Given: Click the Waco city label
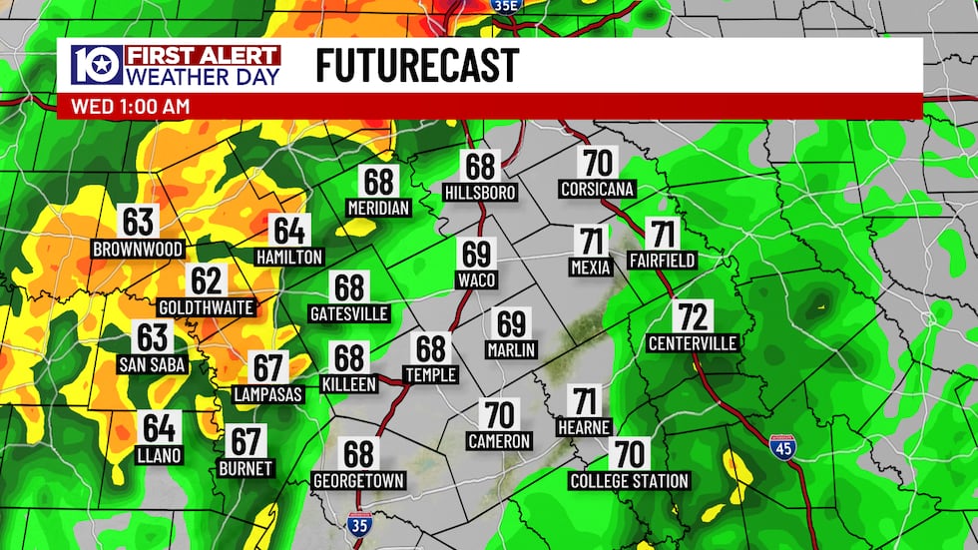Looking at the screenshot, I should pyautogui.click(x=477, y=280).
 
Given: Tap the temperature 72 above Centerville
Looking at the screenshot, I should pyautogui.click(x=692, y=317).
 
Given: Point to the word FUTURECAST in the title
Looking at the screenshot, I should pyautogui.click(x=417, y=66).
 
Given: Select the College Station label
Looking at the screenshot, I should pyautogui.click(x=629, y=481).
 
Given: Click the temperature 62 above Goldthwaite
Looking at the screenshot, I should pyautogui.click(x=207, y=281).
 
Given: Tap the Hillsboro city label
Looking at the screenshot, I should pyautogui.click(x=481, y=193).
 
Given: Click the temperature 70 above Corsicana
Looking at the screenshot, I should pyautogui.click(x=598, y=162).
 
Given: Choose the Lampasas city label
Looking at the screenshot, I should pyautogui.click(x=267, y=394).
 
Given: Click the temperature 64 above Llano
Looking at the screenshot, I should pyautogui.click(x=160, y=428).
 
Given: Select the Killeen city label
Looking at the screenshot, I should pyautogui.click(x=349, y=383).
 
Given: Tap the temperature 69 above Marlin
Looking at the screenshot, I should pyautogui.click(x=512, y=323).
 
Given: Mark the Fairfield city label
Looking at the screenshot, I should pyautogui.click(x=662, y=261).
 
